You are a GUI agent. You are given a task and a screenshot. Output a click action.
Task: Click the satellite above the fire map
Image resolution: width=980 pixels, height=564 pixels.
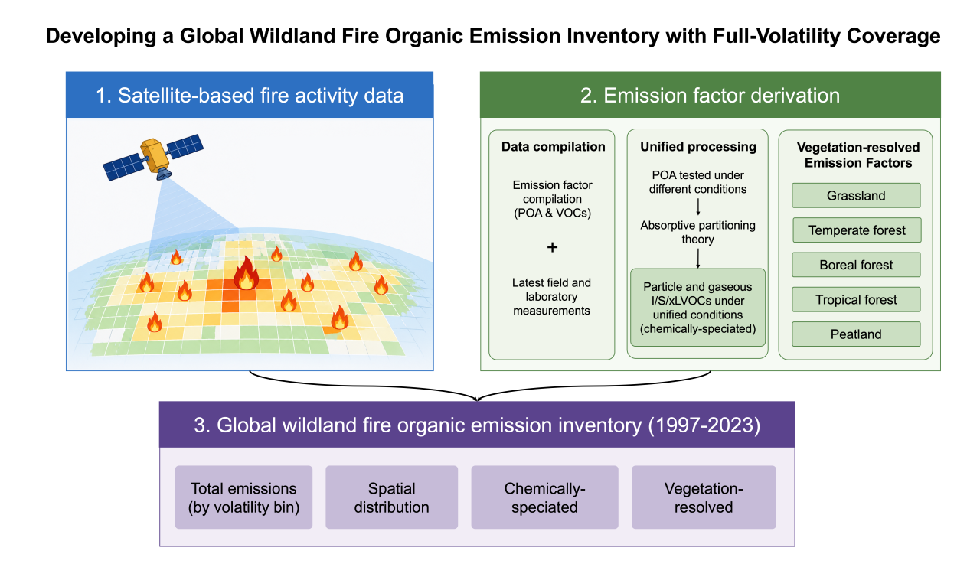click(x=153, y=158)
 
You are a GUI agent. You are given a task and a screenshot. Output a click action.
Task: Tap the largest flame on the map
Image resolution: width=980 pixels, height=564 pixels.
click(x=246, y=274)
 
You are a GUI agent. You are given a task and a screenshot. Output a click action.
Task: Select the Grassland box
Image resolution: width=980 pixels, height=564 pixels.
click(x=856, y=195)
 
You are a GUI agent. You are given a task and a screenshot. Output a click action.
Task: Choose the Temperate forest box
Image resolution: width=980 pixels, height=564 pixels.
click(x=857, y=230)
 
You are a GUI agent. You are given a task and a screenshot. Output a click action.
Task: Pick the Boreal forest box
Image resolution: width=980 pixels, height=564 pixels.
click(x=856, y=265)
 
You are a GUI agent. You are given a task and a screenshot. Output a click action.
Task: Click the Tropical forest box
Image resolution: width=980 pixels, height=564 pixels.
click(x=856, y=299)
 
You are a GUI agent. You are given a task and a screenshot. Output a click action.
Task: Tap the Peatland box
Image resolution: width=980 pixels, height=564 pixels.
click(x=856, y=334)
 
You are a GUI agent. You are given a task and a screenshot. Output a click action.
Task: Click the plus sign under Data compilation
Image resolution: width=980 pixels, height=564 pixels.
click(x=552, y=247)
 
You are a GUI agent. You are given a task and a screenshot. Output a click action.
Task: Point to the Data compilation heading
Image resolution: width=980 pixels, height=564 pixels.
click(x=553, y=146)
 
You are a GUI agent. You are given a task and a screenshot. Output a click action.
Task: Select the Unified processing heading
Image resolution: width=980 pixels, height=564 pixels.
click(x=698, y=146)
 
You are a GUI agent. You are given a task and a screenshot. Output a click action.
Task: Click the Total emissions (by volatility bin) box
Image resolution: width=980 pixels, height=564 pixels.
click(x=243, y=497)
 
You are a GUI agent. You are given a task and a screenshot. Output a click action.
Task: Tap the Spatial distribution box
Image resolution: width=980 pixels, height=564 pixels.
click(x=391, y=497)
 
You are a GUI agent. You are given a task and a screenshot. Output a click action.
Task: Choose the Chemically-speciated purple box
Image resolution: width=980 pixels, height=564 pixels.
click(x=544, y=497)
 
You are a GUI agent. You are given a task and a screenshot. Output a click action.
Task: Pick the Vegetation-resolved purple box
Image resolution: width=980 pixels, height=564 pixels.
click(x=704, y=497)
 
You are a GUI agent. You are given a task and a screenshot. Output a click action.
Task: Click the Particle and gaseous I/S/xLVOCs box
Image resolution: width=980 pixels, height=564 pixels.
click(x=697, y=308)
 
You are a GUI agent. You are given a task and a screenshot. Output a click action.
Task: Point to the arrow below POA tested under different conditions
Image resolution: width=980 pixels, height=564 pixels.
click(x=698, y=207)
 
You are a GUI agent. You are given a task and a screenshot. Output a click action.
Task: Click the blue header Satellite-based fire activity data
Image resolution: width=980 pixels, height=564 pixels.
click(x=250, y=95)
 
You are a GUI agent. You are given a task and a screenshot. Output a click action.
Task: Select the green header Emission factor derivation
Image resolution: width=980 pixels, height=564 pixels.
click(x=710, y=95)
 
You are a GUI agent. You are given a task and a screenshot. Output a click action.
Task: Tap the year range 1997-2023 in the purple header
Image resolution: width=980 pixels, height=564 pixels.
click(x=704, y=425)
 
